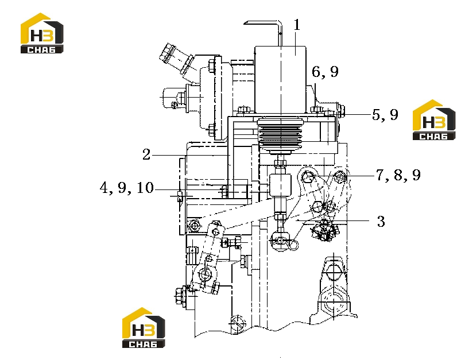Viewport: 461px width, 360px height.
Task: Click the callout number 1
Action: [297, 25]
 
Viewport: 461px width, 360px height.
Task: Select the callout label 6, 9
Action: [325, 72]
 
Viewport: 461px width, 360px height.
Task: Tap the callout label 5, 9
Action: [385, 115]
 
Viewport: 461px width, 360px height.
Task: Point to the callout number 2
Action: [146, 154]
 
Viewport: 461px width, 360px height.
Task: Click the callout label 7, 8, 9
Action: [398, 175]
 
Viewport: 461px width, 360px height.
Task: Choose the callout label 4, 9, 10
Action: [127, 188]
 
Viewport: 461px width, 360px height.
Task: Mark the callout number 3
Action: [381, 221]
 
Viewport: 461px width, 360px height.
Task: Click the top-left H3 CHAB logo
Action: [42, 33]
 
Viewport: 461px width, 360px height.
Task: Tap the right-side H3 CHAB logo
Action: [434, 119]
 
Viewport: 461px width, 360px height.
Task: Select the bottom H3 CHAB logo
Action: [144, 328]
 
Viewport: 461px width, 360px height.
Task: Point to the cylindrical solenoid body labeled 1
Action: [280, 79]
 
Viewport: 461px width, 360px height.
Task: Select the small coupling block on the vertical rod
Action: [281, 185]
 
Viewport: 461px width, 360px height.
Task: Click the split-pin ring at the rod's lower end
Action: [294, 245]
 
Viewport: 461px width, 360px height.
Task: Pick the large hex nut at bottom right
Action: [334, 304]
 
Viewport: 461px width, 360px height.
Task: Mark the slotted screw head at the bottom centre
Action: [238, 323]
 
